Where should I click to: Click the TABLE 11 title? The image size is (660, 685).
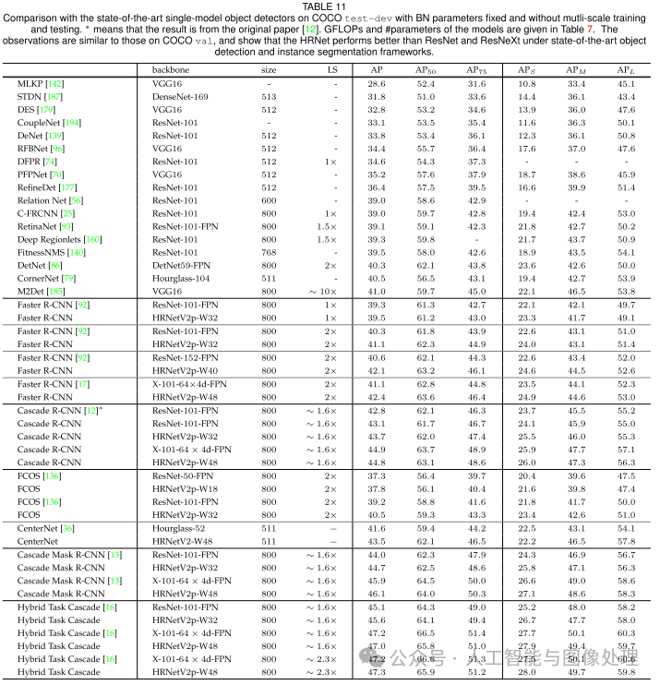(330, 6)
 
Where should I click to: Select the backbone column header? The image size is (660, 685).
(174, 70)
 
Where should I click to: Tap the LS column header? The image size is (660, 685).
(332, 70)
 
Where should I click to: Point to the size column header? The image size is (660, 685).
(269, 70)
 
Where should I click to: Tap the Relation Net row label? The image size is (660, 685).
(50, 199)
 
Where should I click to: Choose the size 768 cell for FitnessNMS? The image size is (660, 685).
(269, 251)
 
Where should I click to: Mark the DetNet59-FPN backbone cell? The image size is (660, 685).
(183, 264)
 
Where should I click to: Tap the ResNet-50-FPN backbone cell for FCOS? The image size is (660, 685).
(184, 475)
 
